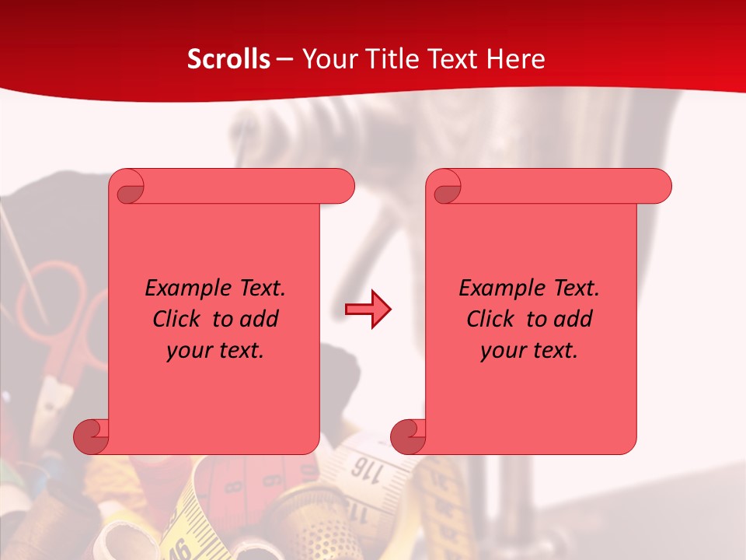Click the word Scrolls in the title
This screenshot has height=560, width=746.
click(x=228, y=59)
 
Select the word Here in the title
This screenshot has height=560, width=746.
click(x=516, y=59)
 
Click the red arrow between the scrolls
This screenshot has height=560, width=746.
click(x=368, y=310)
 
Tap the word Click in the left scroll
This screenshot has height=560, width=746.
click(x=176, y=319)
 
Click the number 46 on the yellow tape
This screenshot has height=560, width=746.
click(x=180, y=548)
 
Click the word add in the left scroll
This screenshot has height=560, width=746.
click(x=260, y=319)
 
